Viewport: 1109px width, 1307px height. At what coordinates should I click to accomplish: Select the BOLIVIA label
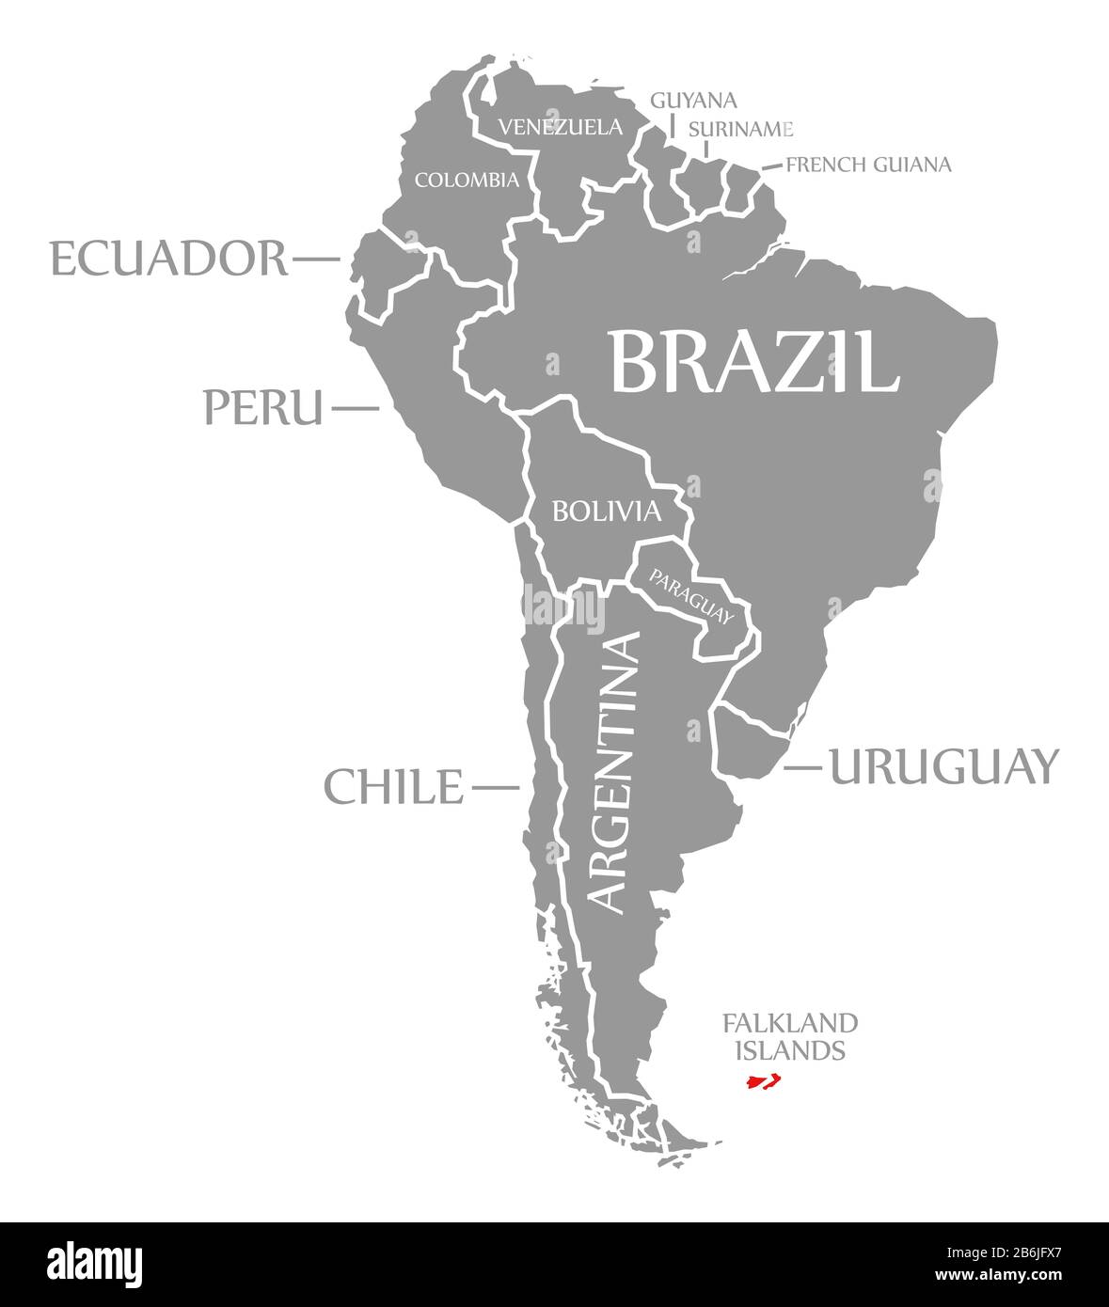(x=607, y=512)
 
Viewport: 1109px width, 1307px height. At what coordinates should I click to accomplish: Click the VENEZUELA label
(x=561, y=126)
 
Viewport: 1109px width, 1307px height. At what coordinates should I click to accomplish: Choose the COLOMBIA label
(x=467, y=179)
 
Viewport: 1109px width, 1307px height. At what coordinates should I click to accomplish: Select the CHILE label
(x=394, y=786)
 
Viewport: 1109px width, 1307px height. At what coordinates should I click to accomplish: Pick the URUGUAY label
(x=943, y=766)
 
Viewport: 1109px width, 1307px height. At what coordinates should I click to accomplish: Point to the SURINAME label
(x=741, y=128)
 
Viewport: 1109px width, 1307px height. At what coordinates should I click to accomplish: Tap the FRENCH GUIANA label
(x=868, y=165)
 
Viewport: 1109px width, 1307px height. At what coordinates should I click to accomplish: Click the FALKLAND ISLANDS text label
(x=790, y=1036)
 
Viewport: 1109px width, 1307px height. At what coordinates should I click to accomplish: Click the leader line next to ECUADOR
(x=316, y=256)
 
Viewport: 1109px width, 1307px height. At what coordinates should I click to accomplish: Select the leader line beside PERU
(x=356, y=408)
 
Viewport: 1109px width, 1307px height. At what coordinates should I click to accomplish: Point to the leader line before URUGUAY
(x=802, y=767)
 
